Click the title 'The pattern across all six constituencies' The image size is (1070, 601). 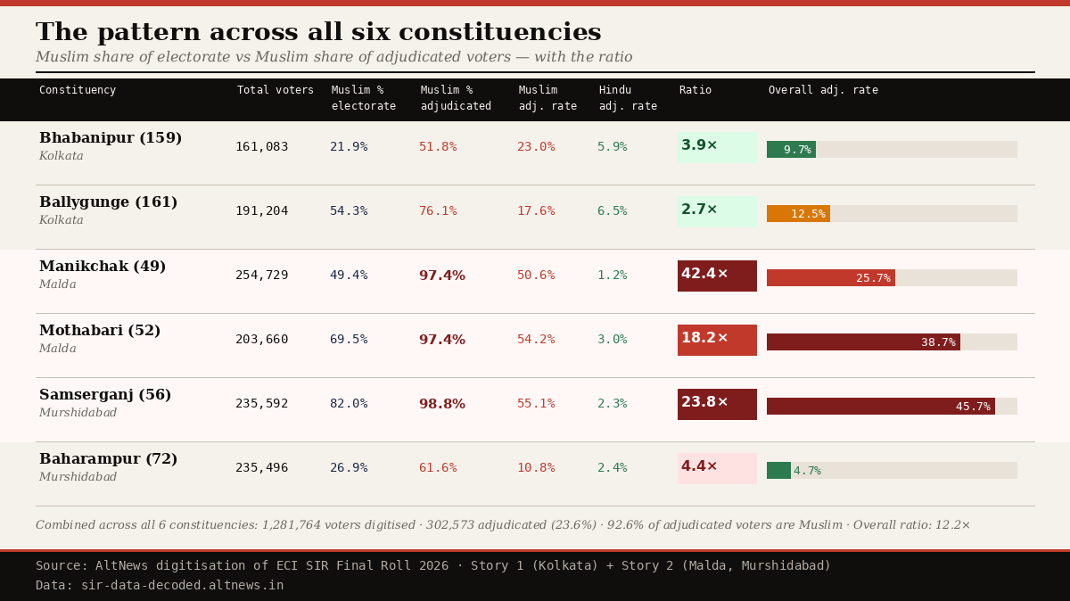(318, 33)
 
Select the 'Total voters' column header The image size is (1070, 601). (275, 90)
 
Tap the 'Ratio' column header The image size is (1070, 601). (695, 90)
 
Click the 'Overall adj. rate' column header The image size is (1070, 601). (822, 90)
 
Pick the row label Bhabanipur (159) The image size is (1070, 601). (111, 138)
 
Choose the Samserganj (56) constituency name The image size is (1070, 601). (105, 395)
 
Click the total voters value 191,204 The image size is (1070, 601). (261, 211)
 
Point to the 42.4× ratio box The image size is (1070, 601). (717, 276)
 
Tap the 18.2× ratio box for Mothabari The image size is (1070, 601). (717, 340)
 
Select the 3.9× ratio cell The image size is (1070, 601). (717, 147)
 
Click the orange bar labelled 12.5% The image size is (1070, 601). (798, 214)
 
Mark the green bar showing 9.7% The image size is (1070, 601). (791, 150)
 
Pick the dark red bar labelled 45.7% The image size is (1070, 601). (880, 407)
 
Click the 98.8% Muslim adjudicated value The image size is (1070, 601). (441, 404)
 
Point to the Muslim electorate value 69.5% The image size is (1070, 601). (349, 340)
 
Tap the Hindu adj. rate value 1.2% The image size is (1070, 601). (612, 276)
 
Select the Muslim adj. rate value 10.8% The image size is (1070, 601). (535, 468)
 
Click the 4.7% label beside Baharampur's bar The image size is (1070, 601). (807, 471)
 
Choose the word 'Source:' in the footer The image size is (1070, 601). (62, 566)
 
